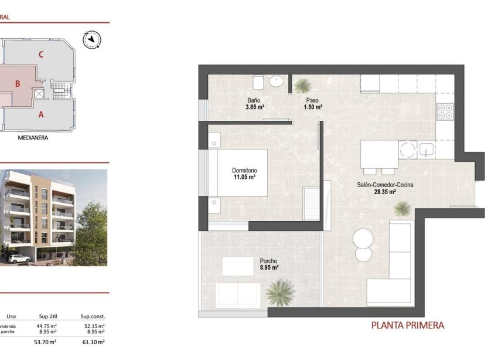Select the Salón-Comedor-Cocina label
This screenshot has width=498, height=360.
385,185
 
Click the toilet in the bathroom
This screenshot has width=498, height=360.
258,81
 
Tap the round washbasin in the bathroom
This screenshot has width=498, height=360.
277,81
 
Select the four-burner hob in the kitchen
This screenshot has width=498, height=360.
445,111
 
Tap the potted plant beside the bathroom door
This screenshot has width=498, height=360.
302,86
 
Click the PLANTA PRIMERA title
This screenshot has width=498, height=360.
408,325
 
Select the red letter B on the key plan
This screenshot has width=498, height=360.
18,84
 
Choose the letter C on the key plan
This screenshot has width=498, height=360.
40,55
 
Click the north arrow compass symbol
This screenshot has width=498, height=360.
92,40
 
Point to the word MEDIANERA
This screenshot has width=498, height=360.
33,139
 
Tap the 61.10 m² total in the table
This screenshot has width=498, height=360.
93,342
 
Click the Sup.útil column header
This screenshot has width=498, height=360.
47,316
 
